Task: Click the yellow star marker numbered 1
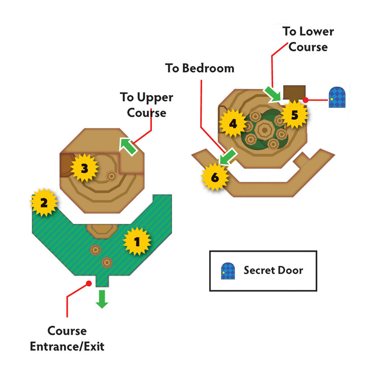(x=137, y=242)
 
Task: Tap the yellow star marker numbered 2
(x=44, y=202)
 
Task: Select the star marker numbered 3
(x=85, y=168)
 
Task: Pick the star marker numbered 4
(x=233, y=123)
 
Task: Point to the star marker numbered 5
(x=295, y=115)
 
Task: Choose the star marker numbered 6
(x=215, y=177)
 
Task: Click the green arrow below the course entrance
(x=102, y=299)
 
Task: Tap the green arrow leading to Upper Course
(x=128, y=146)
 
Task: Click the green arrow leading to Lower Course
(x=272, y=94)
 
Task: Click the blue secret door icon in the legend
(x=228, y=271)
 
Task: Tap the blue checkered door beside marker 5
(x=337, y=97)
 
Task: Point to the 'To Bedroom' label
(x=200, y=68)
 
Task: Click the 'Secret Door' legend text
(x=274, y=270)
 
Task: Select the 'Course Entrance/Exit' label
(x=67, y=339)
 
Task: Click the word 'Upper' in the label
(x=155, y=98)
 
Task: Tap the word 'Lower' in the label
(x=317, y=32)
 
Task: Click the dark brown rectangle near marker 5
(x=294, y=92)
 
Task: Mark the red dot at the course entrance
(x=89, y=284)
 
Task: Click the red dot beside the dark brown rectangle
(x=305, y=100)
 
